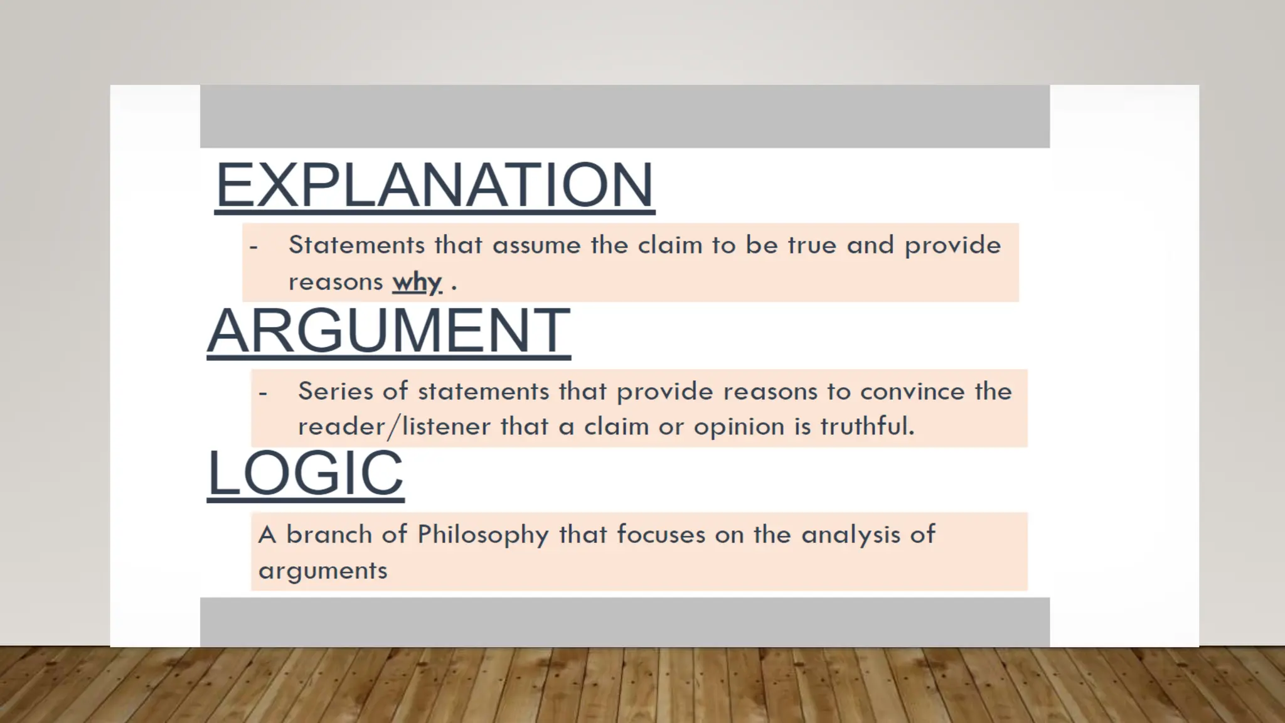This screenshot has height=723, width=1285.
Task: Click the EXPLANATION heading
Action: point(434,185)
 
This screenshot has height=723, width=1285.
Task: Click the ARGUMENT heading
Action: point(388,331)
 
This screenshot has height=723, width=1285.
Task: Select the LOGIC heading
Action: point(306,473)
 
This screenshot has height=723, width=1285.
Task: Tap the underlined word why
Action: point(417,282)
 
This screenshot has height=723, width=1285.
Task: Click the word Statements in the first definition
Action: point(356,245)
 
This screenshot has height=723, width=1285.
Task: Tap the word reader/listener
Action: point(394,427)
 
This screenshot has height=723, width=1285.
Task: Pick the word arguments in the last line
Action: point(323,570)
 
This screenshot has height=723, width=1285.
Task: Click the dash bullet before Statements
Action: point(253,247)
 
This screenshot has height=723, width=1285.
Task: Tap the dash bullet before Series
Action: point(263,394)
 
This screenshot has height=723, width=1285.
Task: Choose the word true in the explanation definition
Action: point(812,245)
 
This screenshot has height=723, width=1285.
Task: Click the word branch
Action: point(329,535)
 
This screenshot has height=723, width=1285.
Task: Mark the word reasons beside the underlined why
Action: point(335,282)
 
